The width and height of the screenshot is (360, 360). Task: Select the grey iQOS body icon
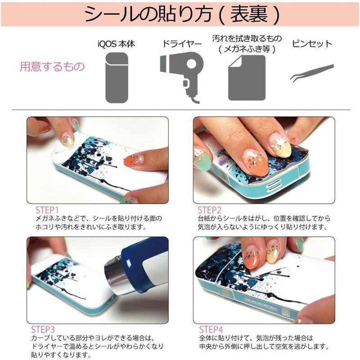click(116, 77)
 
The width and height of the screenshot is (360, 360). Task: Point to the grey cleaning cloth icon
click(247, 78)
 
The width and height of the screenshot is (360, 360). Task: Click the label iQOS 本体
click(117, 44)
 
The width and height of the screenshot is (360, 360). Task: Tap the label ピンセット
click(312, 44)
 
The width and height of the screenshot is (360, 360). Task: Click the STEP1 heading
click(47, 210)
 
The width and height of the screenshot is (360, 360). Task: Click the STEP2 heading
click(210, 210)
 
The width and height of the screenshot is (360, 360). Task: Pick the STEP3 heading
click(43, 329)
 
